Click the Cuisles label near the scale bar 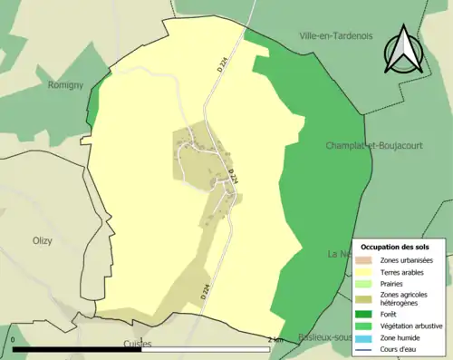point(137,345)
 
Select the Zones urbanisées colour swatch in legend point(369,260)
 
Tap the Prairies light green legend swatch point(369,282)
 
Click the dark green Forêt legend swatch point(369,315)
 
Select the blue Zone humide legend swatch point(369,336)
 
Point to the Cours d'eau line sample point(369,347)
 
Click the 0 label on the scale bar point(14,339)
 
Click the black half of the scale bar point(77,349)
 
